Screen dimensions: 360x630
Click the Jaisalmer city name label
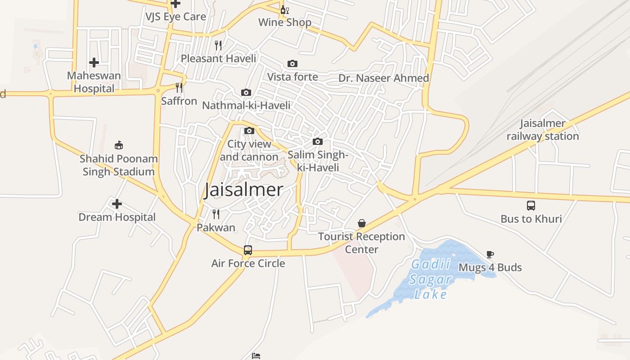click(243, 190)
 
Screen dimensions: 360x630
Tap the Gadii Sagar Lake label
click(431, 279)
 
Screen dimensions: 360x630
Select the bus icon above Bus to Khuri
click(531, 206)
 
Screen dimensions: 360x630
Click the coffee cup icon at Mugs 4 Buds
click(490, 255)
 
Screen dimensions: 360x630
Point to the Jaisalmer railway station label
click(543, 130)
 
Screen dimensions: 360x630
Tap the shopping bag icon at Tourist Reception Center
click(361, 223)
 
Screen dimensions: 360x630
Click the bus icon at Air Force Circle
click(248, 250)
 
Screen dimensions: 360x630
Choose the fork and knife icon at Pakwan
click(216, 214)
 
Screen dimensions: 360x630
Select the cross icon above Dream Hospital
click(117, 204)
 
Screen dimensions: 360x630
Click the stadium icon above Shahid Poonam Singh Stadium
click(119, 145)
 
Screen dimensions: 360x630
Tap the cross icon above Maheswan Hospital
click(94, 62)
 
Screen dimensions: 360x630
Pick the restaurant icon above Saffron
click(179, 88)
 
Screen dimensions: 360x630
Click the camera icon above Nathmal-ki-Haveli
click(246, 92)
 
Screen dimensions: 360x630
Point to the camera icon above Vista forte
click(292, 64)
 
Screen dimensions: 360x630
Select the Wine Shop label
click(285, 22)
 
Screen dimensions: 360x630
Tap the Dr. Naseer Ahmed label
click(383, 78)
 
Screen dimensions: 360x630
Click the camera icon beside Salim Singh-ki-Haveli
click(318, 141)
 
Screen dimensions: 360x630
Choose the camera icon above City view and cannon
click(249, 131)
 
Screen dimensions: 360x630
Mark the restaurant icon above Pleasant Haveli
click(218, 45)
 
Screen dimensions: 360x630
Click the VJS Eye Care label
click(175, 17)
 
